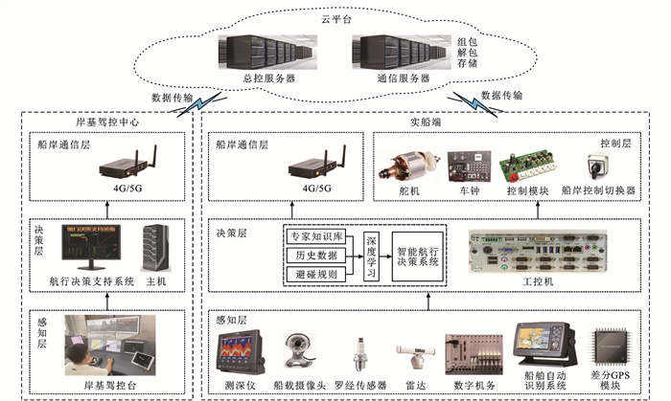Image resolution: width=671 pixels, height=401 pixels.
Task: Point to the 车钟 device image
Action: point(467,166)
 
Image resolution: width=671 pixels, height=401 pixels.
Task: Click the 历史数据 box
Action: point(313,255)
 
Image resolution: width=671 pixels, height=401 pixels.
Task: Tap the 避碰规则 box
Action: point(313,275)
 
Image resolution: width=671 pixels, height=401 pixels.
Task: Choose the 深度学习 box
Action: point(372,256)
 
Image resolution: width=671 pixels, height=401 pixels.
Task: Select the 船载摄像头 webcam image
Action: point(298,354)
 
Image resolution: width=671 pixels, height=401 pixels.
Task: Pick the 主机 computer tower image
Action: point(155,247)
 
